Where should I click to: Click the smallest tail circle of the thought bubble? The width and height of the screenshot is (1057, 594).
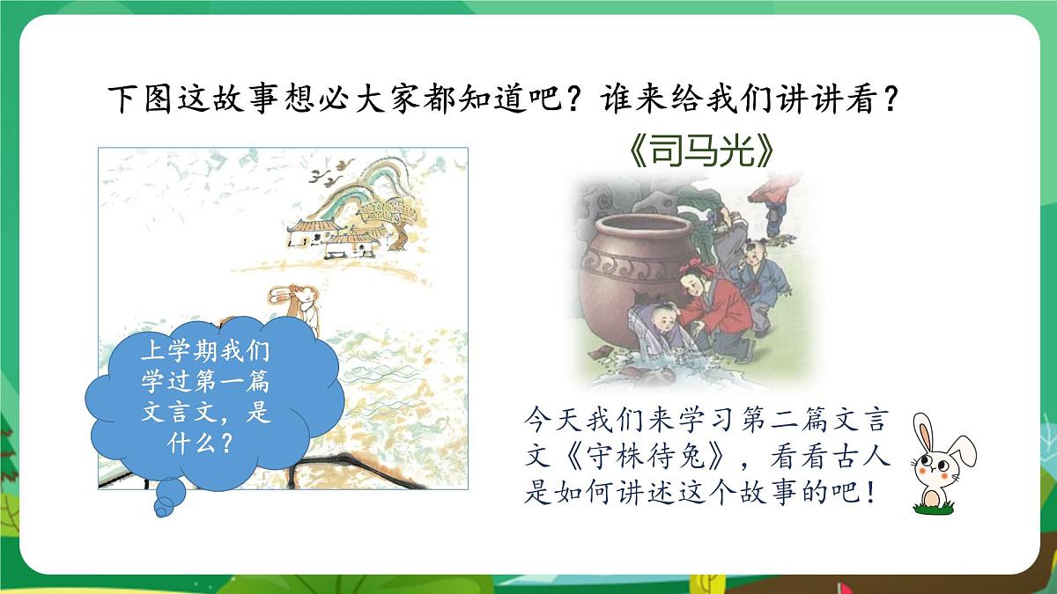click(164, 507)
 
